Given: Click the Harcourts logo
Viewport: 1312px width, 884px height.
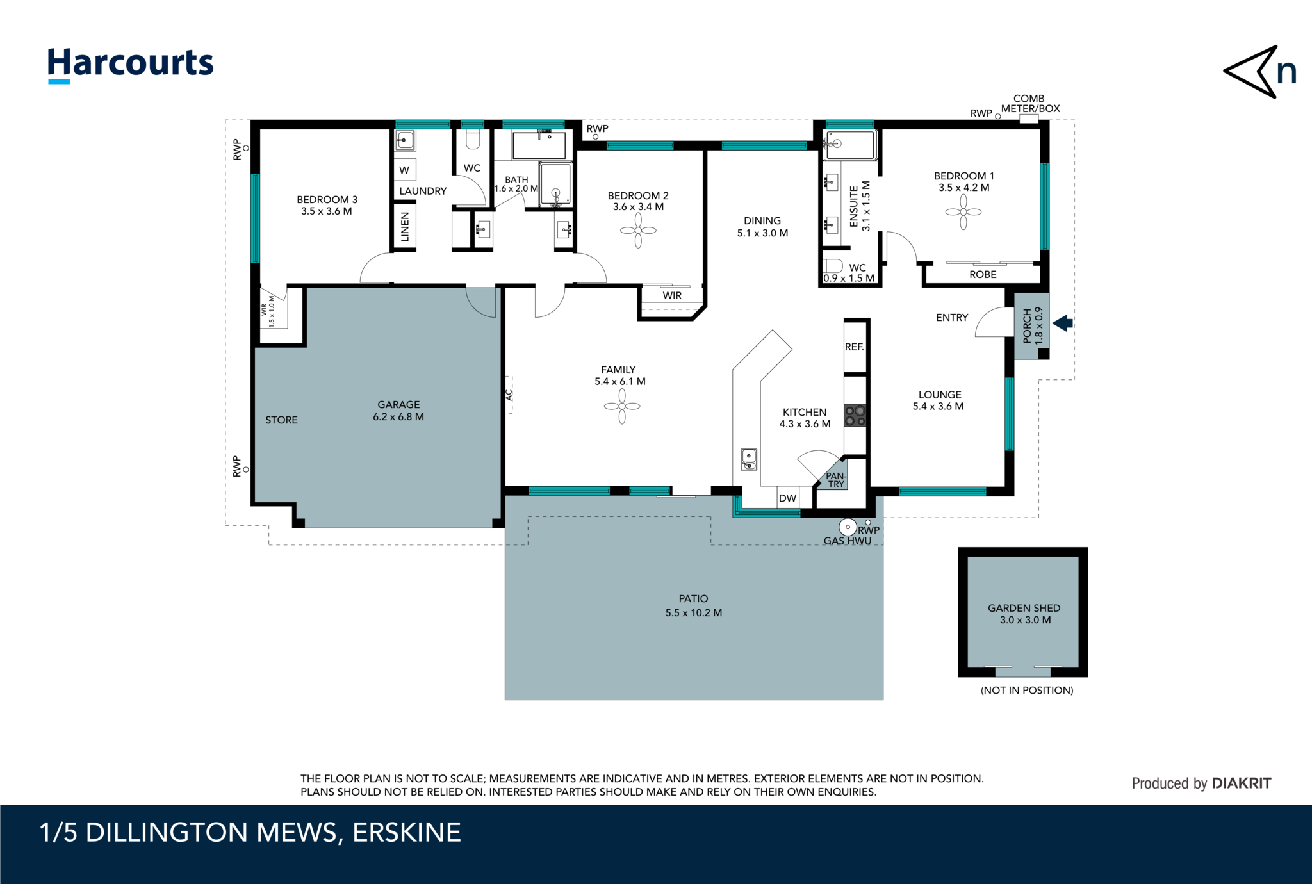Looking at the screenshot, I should tap(130, 64).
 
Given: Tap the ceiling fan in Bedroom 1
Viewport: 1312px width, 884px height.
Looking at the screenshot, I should tap(963, 212).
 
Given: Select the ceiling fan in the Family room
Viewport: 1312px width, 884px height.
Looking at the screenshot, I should tap(621, 406).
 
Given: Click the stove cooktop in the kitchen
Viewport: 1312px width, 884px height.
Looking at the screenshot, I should tap(855, 416).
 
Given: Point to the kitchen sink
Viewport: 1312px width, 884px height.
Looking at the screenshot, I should tap(748, 459).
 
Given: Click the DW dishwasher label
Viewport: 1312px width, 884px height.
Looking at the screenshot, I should tap(787, 498).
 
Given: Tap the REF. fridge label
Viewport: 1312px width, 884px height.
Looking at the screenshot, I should tap(854, 347).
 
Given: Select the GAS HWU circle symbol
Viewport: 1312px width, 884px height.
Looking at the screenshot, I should tap(848, 527).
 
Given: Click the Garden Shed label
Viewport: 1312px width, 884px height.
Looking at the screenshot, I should tap(1024, 608).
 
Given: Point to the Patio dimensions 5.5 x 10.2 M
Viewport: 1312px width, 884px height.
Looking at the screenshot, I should tap(693, 613).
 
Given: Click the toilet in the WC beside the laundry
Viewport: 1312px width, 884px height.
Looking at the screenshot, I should tap(473, 140).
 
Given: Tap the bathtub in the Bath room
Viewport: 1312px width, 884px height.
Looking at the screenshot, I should tap(539, 146).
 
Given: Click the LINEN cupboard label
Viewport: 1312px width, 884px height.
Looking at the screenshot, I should tap(404, 227).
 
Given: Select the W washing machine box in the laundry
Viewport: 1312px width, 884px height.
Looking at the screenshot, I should tap(404, 170).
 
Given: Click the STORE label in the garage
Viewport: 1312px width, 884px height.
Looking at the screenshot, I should tap(281, 420).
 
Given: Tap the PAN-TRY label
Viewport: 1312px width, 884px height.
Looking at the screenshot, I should tap(835, 480).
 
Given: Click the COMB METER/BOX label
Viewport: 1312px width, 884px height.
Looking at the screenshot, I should tap(1029, 104).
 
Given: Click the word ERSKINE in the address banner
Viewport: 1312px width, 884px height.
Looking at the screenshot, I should tap(406, 833).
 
